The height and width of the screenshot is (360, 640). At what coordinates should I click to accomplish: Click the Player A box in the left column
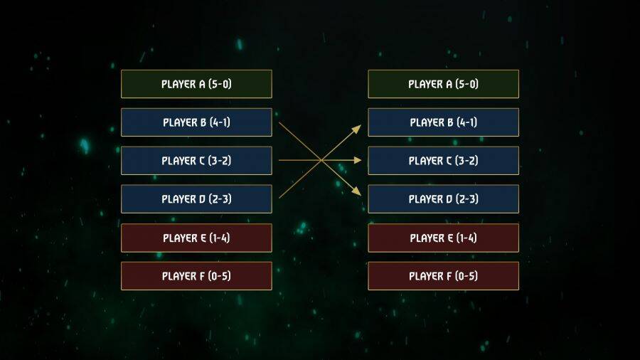[x=196, y=84]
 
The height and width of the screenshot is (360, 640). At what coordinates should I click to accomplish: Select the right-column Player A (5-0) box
[x=443, y=84]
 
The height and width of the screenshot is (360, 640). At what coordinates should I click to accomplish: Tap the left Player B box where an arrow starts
[x=196, y=122]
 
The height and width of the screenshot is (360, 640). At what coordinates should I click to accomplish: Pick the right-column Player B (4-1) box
[x=443, y=122]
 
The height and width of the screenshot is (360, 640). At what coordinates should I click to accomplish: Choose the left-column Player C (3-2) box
[x=196, y=161]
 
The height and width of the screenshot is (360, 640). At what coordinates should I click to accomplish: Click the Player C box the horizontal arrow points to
[x=443, y=161]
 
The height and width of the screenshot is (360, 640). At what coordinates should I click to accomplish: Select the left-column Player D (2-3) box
[x=196, y=199]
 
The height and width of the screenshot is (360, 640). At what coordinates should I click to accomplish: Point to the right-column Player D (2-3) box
[x=443, y=199]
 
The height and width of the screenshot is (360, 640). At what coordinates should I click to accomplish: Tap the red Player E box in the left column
[x=196, y=238]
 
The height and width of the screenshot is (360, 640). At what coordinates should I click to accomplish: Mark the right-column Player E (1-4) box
[x=443, y=238]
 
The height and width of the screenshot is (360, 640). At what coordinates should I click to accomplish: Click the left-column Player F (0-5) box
[x=196, y=276]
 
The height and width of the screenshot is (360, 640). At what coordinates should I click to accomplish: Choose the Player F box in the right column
[x=443, y=276]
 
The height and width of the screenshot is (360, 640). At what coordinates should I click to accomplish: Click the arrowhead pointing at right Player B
[x=358, y=127]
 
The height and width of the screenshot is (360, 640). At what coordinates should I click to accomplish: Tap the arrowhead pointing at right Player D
[x=358, y=193]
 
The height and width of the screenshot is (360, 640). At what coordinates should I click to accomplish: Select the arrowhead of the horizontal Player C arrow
[x=359, y=161]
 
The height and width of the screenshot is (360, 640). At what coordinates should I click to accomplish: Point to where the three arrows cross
[x=321, y=161]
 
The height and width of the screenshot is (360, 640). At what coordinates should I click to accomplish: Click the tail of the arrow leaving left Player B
[x=280, y=124]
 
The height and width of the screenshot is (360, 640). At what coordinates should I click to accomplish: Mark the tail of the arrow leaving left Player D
[x=280, y=197]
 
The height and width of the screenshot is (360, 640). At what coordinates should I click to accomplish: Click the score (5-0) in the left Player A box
[x=220, y=84]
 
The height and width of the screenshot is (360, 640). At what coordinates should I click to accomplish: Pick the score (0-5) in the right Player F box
[x=466, y=276]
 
